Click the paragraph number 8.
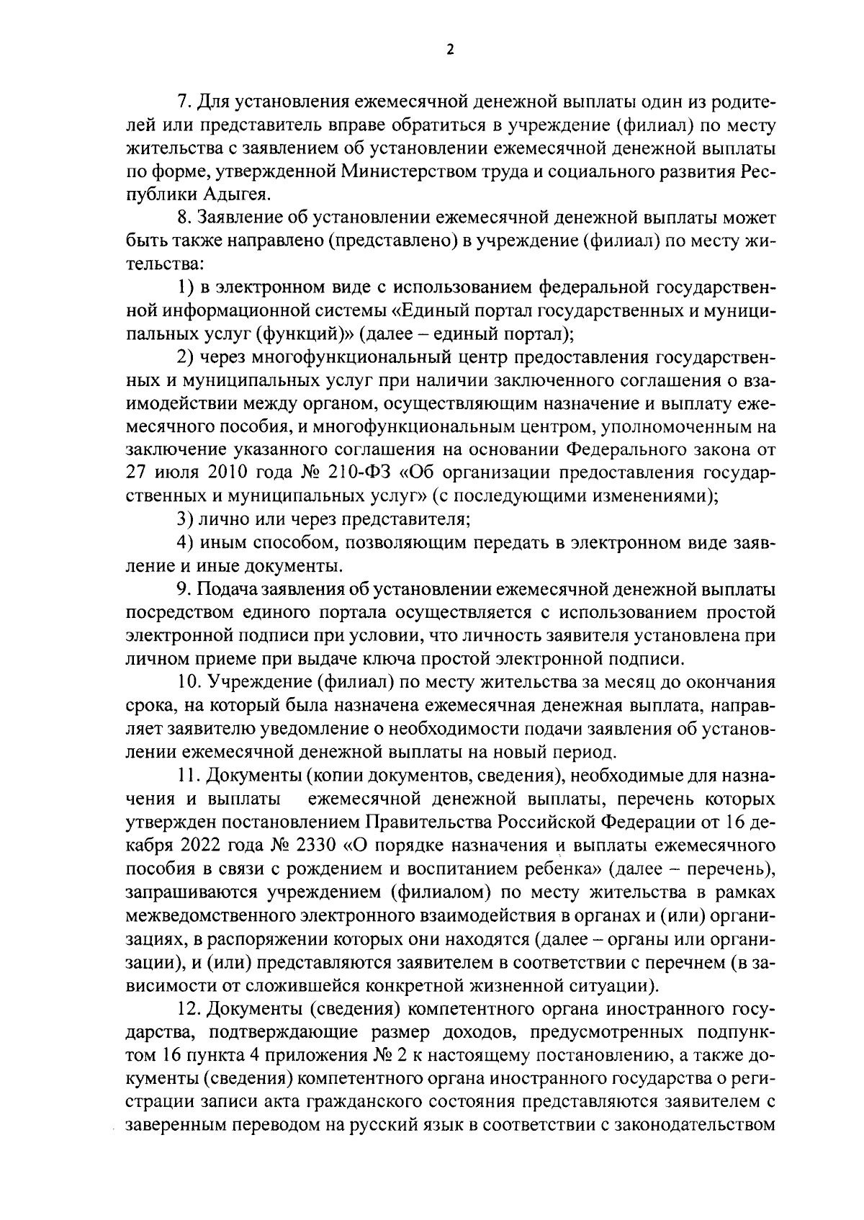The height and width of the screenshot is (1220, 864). point(183,218)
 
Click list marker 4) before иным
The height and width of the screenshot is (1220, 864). point(186,543)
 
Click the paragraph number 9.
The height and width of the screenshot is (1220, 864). point(183,591)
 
